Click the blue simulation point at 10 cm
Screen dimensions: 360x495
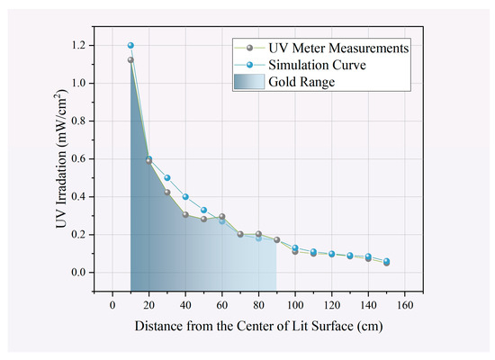click(x=130, y=45)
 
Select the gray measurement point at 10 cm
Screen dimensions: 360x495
click(x=130, y=60)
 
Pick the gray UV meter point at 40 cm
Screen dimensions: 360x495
click(x=185, y=214)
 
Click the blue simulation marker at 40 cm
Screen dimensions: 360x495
click(x=185, y=196)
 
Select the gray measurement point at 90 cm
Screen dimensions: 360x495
click(x=277, y=240)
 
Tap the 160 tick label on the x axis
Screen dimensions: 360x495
click(x=404, y=305)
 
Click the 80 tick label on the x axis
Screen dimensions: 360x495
click(x=258, y=305)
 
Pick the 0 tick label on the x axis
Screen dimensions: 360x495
click(x=112, y=305)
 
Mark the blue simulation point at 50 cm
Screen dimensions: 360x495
click(x=203, y=210)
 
